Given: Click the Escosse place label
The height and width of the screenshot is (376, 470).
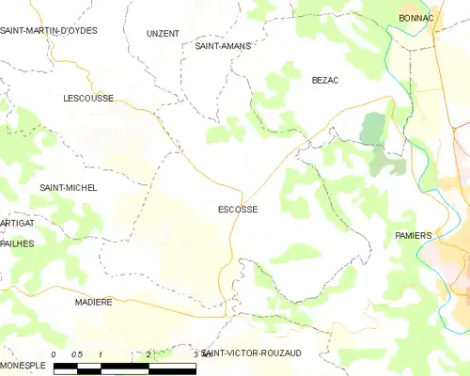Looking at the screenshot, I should point(238,210).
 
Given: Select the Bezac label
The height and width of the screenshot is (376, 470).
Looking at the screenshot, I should point(324,81).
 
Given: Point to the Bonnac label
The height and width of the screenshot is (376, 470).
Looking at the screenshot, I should point(415,18).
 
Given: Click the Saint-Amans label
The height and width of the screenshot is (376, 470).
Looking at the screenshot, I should point(222,45).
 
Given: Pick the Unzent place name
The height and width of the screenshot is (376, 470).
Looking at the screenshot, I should point(163,33).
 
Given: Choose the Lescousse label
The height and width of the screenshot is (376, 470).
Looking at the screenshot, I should point(88,98).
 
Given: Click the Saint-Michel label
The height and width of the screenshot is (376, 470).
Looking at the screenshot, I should point(68,188).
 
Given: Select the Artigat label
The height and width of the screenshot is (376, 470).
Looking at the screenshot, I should point(17,223).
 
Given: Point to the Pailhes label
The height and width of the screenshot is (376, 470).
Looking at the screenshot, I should point(17,243).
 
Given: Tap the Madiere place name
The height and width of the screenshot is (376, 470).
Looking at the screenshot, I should point(93,303).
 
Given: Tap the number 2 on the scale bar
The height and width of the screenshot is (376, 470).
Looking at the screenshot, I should point(149,354).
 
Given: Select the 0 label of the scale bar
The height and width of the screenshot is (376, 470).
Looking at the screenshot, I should point(55,354).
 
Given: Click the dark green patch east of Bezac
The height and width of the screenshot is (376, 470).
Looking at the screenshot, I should point(374,129).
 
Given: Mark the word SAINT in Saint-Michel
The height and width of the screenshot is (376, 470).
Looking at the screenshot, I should point(52,188).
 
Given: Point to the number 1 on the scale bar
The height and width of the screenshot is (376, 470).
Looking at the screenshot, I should point(101,354).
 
